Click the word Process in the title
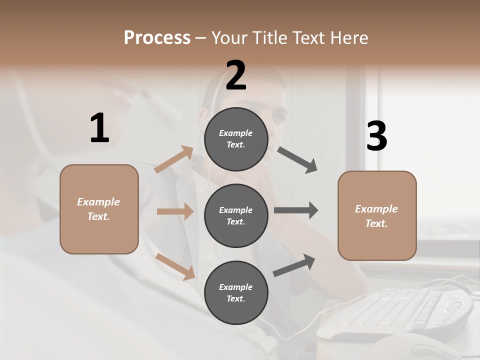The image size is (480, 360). coord(157,38)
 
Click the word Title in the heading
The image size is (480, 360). coord(266,38)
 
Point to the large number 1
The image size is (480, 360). coord(99,128)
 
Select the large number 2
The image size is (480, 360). coord(236,75)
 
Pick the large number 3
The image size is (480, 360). coord(376,136)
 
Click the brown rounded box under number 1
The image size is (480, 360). coord(99,209)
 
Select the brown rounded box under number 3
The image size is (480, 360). coord(377,216)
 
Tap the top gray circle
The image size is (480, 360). coord(236,139)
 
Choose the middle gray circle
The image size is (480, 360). coord(236,215)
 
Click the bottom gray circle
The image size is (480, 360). coord(236,292)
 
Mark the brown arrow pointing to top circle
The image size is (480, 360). coord(174,159)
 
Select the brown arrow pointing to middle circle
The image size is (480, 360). coord(175,211)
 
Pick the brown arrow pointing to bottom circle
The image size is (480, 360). coord(175,266)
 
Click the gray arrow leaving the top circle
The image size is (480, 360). coord(297,160)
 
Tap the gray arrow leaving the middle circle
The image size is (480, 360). coord(296,210)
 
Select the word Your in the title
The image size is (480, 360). coord(228,38)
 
